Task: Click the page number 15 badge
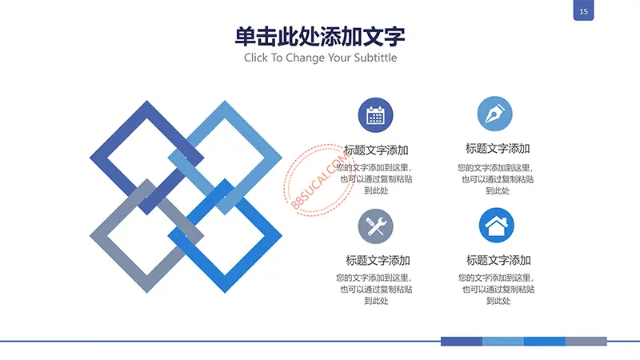pyautogui.click(x=583, y=10)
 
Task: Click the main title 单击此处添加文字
pyautogui.click(x=320, y=37)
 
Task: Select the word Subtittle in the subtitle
pyautogui.click(x=375, y=58)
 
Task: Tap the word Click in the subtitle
pyautogui.click(x=255, y=58)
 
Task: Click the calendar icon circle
pyautogui.click(x=375, y=115)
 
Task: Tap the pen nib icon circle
pyautogui.click(x=494, y=114)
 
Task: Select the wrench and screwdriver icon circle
pyautogui.click(x=375, y=226)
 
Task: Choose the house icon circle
pyautogui.click(x=496, y=226)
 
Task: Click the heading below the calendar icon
pyautogui.click(x=376, y=150)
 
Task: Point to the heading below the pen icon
pyautogui.click(x=498, y=149)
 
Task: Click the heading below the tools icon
pyautogui.click(x=378, y=261)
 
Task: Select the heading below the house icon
pyautogui.click(x=498, y=260)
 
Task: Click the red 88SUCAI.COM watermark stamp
pyautogui.click(x=319, y=180)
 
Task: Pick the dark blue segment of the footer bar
pyautogui.click(x=462, y=342)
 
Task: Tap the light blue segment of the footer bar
pyautogui.click(x=503, y=342)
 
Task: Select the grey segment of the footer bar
pyautogui.click(x=586, y=342)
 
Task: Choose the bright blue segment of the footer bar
pyautogui.click(x=545, y=342)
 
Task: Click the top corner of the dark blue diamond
pyautogui.click(x=147, y=101)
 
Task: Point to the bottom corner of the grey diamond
pyautogui.click(x=147, y=293)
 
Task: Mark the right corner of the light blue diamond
pyautogui.click(x=282, y=158)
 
